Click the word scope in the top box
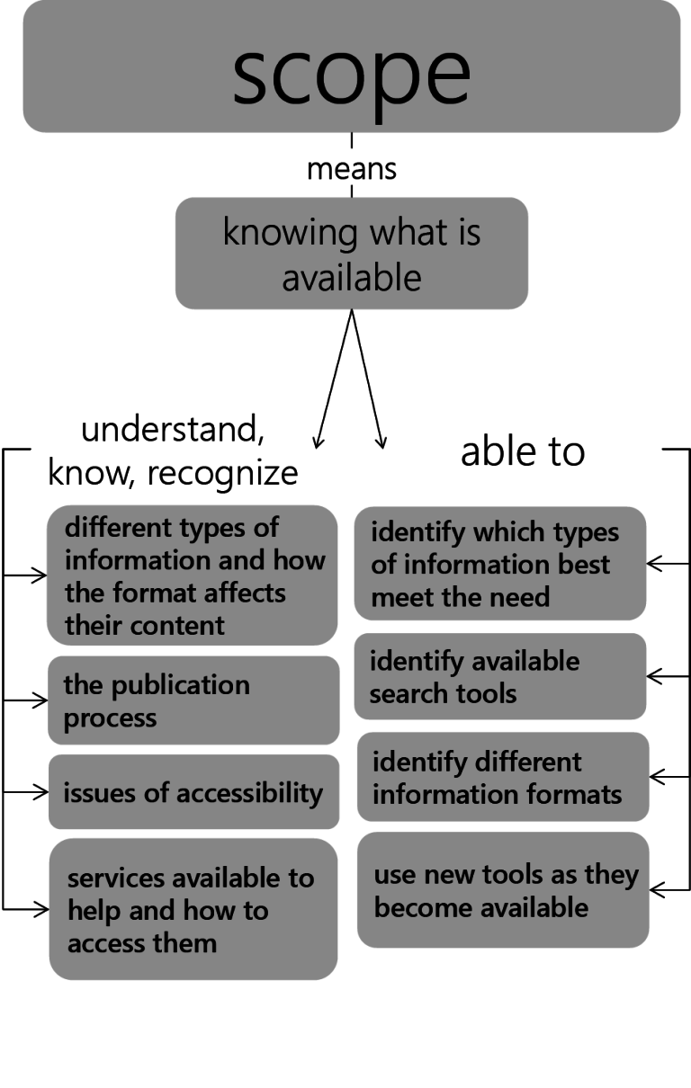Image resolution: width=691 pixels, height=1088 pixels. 351,72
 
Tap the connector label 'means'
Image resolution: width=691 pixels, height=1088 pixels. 351,168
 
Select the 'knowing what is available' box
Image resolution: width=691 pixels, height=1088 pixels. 351,254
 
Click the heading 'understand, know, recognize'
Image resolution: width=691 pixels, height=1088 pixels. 173,450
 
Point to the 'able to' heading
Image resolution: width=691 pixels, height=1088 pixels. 523,450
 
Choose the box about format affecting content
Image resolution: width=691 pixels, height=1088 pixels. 193,575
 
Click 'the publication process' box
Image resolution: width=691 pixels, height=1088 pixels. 193,700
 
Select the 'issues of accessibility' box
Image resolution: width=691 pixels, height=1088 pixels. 193,792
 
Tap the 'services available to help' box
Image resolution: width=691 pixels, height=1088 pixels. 193,909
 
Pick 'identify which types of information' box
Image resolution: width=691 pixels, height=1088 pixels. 500,564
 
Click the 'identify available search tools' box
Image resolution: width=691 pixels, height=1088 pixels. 500,676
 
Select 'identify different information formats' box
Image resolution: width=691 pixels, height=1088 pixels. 503,777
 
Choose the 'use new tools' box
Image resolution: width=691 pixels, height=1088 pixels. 503,889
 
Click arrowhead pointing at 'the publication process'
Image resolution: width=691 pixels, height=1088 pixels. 41,700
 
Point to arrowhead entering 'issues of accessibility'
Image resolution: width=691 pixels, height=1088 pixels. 41,792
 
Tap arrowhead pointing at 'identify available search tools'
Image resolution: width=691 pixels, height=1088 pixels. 654,674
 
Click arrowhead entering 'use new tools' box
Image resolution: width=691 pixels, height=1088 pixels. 656,889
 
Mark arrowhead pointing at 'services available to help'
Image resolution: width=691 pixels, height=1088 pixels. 41,909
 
